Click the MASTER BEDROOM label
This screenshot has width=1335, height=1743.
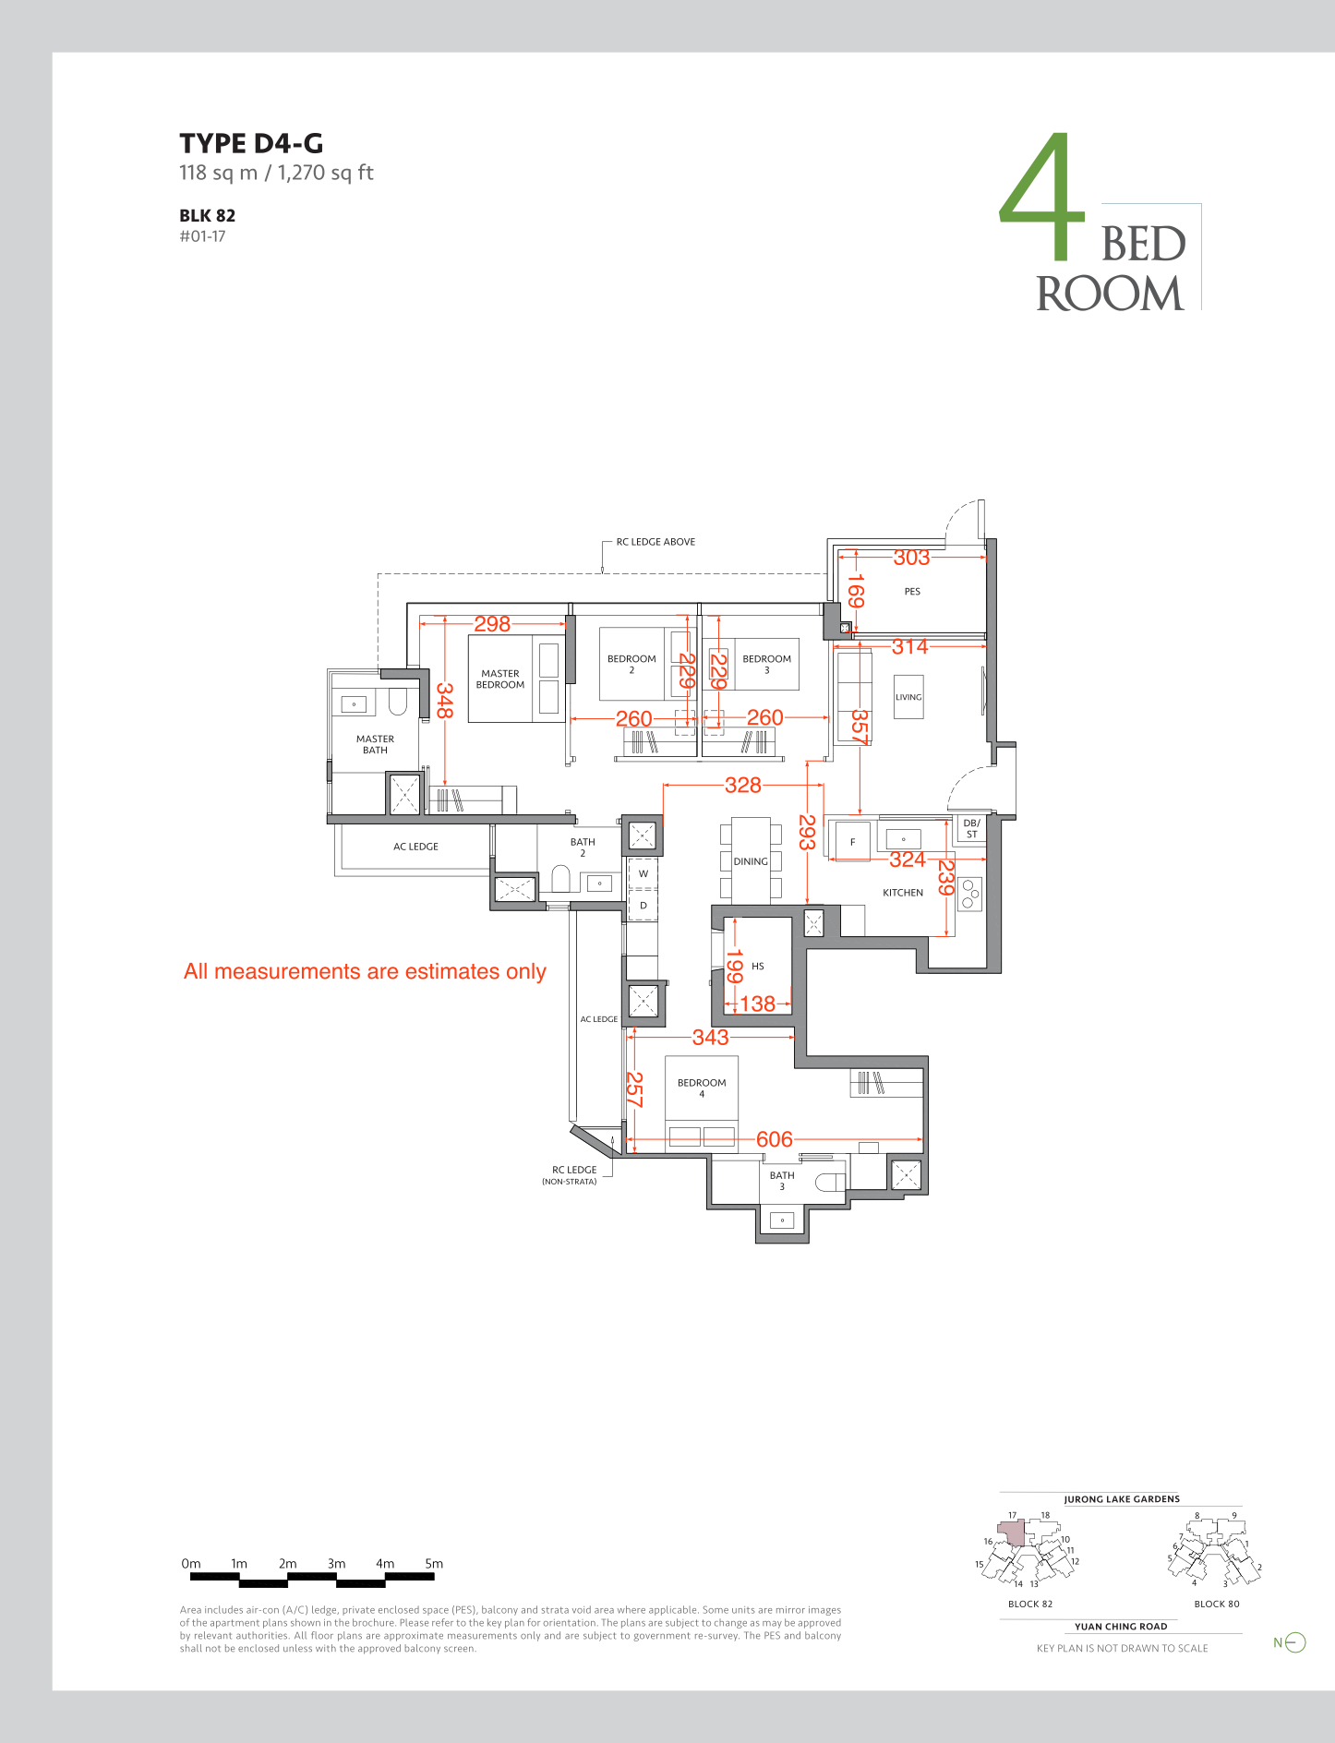[x=500, y=679]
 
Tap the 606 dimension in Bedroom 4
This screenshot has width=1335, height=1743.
[x=775, y=1139]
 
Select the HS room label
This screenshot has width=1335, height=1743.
[x=758, y=967]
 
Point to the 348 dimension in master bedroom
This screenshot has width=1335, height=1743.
[x=444, y=701]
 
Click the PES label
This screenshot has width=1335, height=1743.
[x=912, y=592]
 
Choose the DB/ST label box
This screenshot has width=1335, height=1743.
[x=971, y=828]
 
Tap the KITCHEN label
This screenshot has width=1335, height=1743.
[x=903, y=893]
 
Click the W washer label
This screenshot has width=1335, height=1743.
[x=643, y=873]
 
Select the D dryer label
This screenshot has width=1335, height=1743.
[x=643, y=906]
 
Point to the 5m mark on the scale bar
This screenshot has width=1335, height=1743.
[x=434, y=1564]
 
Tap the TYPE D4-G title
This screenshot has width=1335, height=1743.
[x=251, y=143]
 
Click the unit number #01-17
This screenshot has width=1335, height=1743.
[x=202, y=236]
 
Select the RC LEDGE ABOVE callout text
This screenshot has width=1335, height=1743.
[x=655, y=542]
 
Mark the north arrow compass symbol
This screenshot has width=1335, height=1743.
[x=1290, y=1642]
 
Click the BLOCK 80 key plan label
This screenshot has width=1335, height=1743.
[x=1217, y=1604]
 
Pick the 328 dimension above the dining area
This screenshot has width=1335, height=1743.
[x=743, y=785]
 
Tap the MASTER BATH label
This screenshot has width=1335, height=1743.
[x=375, y=745]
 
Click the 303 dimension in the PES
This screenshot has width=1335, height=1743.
[x=911, y=558]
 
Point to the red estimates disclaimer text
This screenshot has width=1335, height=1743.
[x=365, y=971]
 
